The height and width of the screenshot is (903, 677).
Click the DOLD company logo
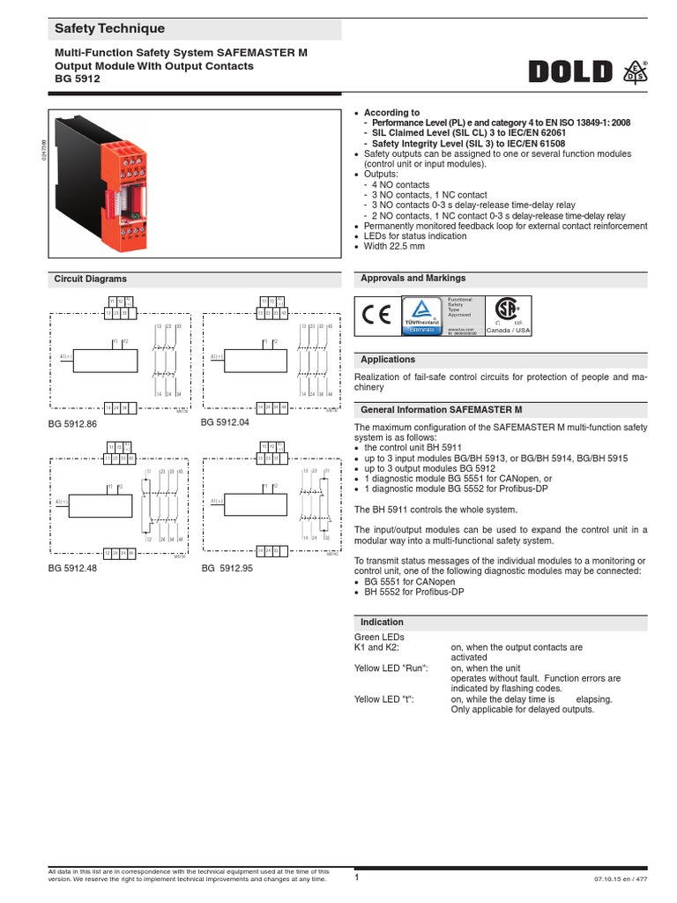coord(571,71)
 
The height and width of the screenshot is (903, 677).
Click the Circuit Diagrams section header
coord(91,279)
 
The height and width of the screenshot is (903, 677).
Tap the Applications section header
coord(388,360)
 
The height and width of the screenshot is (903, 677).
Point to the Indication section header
coord(383,622)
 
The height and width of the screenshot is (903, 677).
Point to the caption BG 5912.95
coord(227,568)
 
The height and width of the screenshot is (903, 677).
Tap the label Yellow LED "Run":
coord(391,668)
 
